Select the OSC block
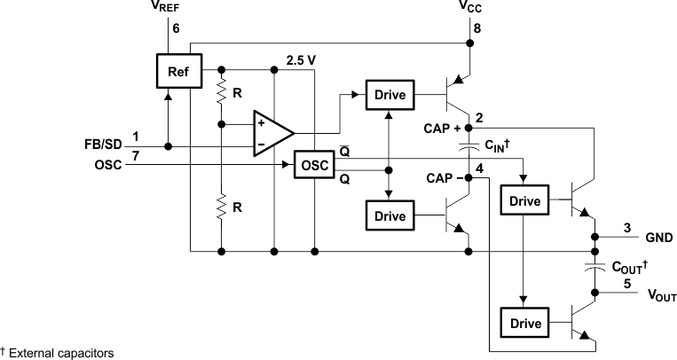(x=312, y=164)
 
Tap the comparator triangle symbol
(x=271, y=133)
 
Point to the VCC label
(x=470, y=7)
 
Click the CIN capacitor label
(x=497, y=145)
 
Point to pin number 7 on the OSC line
(x=136, y=156)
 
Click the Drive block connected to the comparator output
(x=389, y=94)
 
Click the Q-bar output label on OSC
(x=342, y=152)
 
